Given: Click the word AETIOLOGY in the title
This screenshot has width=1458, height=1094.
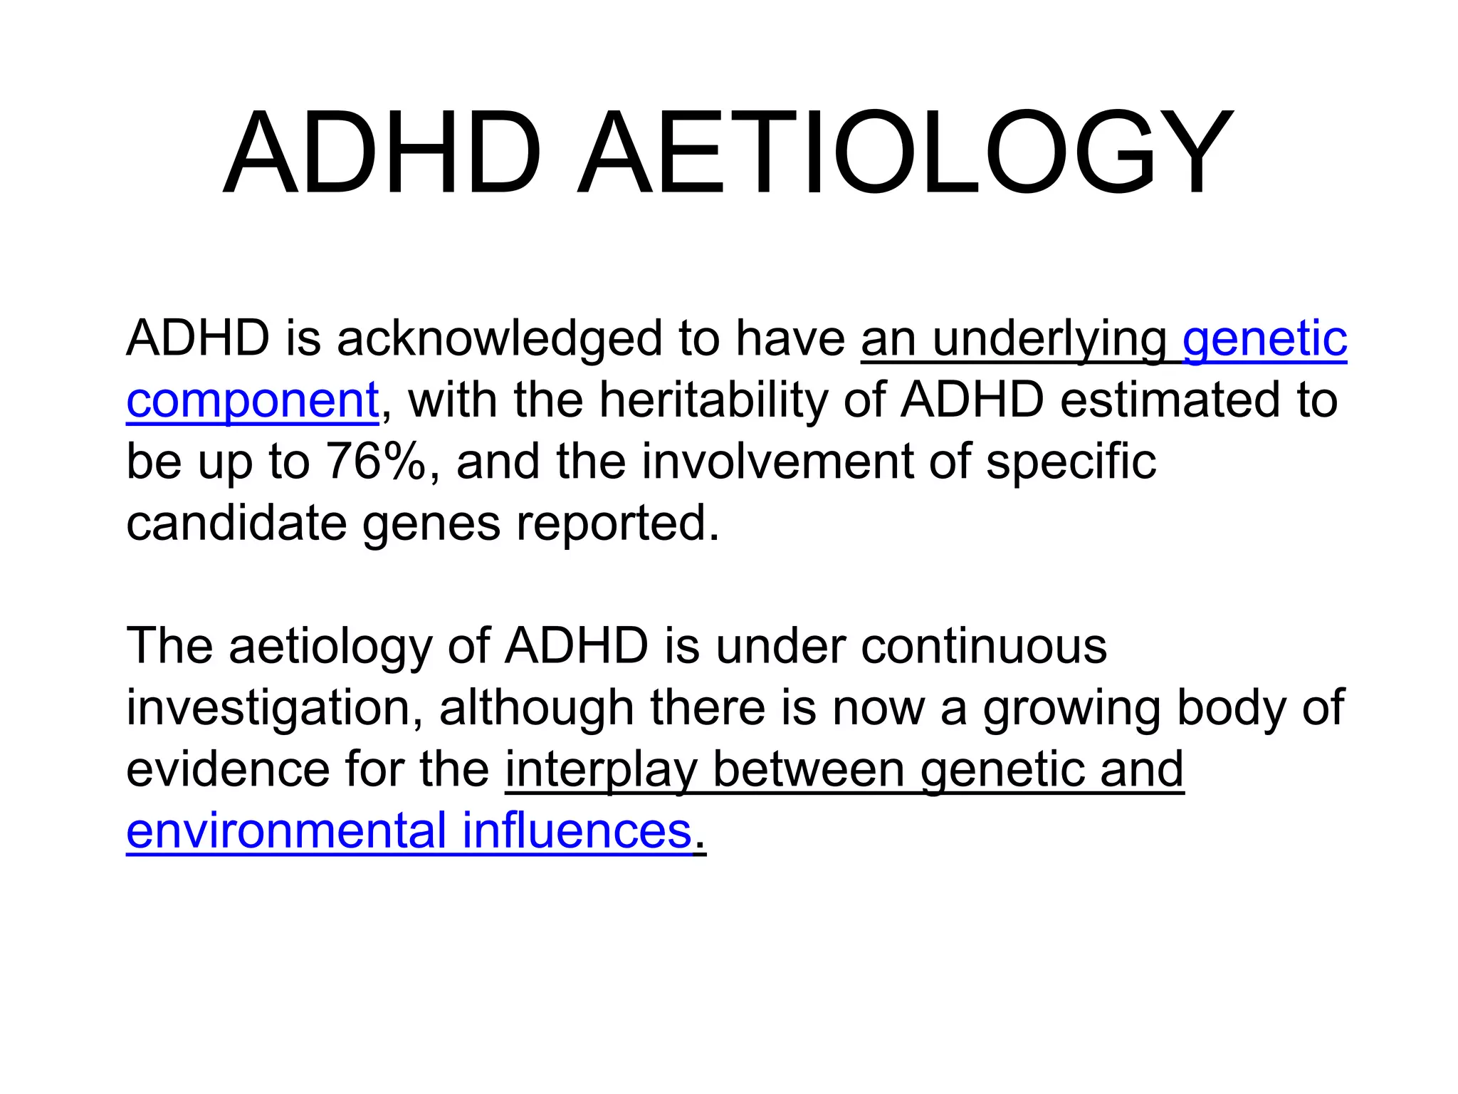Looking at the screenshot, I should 904,152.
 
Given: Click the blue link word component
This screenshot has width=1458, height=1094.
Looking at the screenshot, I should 252,401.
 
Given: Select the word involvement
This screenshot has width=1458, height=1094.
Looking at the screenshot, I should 777,462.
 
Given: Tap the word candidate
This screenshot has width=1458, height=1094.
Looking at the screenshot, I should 236,523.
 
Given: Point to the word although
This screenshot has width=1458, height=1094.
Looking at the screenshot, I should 536,709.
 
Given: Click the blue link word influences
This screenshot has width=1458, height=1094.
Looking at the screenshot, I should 577,831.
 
